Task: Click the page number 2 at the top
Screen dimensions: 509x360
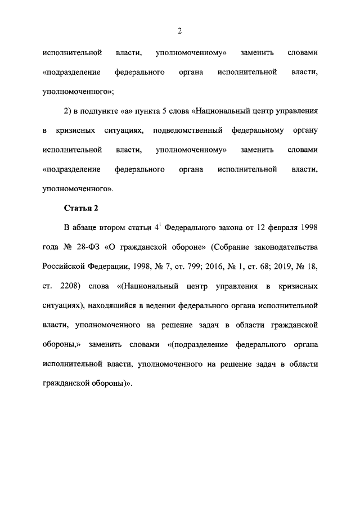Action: pyautogui.click(x=179, y=31)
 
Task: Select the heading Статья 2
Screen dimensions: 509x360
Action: pyautogui.click(x=81, y=208)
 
